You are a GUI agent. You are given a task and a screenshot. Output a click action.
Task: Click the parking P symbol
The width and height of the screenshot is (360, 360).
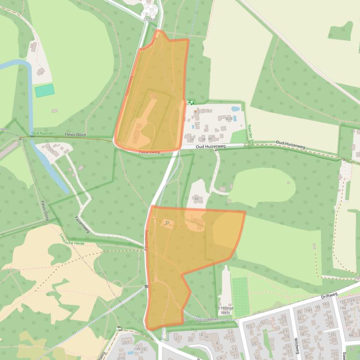[167, 223]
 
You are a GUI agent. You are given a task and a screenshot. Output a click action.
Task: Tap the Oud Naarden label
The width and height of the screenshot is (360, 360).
[43, 134]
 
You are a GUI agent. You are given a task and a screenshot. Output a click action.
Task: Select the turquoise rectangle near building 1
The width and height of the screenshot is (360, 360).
[44, 90]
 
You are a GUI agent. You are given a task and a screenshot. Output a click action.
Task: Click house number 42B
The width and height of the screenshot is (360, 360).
[229, 119]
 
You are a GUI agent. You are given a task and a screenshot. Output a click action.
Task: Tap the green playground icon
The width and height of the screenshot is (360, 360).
[191, 102]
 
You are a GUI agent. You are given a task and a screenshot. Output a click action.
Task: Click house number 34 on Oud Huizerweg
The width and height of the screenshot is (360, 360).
[191, 139]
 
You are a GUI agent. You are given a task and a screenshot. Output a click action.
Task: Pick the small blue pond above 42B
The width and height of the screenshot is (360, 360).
[235, 108]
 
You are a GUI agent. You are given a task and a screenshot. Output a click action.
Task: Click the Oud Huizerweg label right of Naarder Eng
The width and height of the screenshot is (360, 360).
[290, 142]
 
